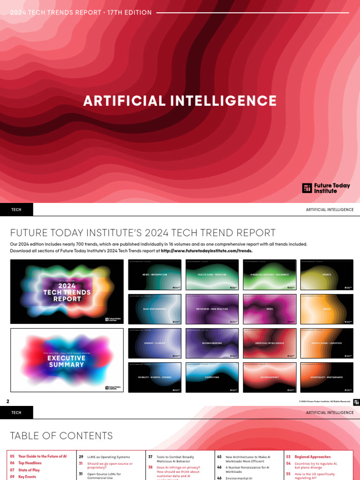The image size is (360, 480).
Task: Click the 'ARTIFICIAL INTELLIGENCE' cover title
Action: [x=180, y=101]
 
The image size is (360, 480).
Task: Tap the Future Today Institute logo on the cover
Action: [x=326, y=188]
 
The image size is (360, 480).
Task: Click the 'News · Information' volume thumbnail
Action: [x=155, y=274]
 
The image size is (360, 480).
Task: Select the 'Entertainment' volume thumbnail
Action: [x=270, y=377]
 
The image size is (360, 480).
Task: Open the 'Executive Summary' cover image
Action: [x=67, y=360]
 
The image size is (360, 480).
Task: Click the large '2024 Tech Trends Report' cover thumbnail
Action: [x=67, y=292]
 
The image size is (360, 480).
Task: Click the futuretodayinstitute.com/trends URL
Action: [x=206, y=251]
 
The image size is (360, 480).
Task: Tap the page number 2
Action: [x=7, y=401]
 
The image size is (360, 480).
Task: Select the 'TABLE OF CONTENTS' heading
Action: [x=61, y=436]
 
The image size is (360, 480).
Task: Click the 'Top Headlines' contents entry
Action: [x=30, y=463]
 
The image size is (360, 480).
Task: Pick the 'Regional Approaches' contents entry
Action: [x=312, y=457]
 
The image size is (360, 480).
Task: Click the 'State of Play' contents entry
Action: [x=29, y=470]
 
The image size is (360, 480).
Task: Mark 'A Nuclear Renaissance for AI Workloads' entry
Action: [x=246, y=469]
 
